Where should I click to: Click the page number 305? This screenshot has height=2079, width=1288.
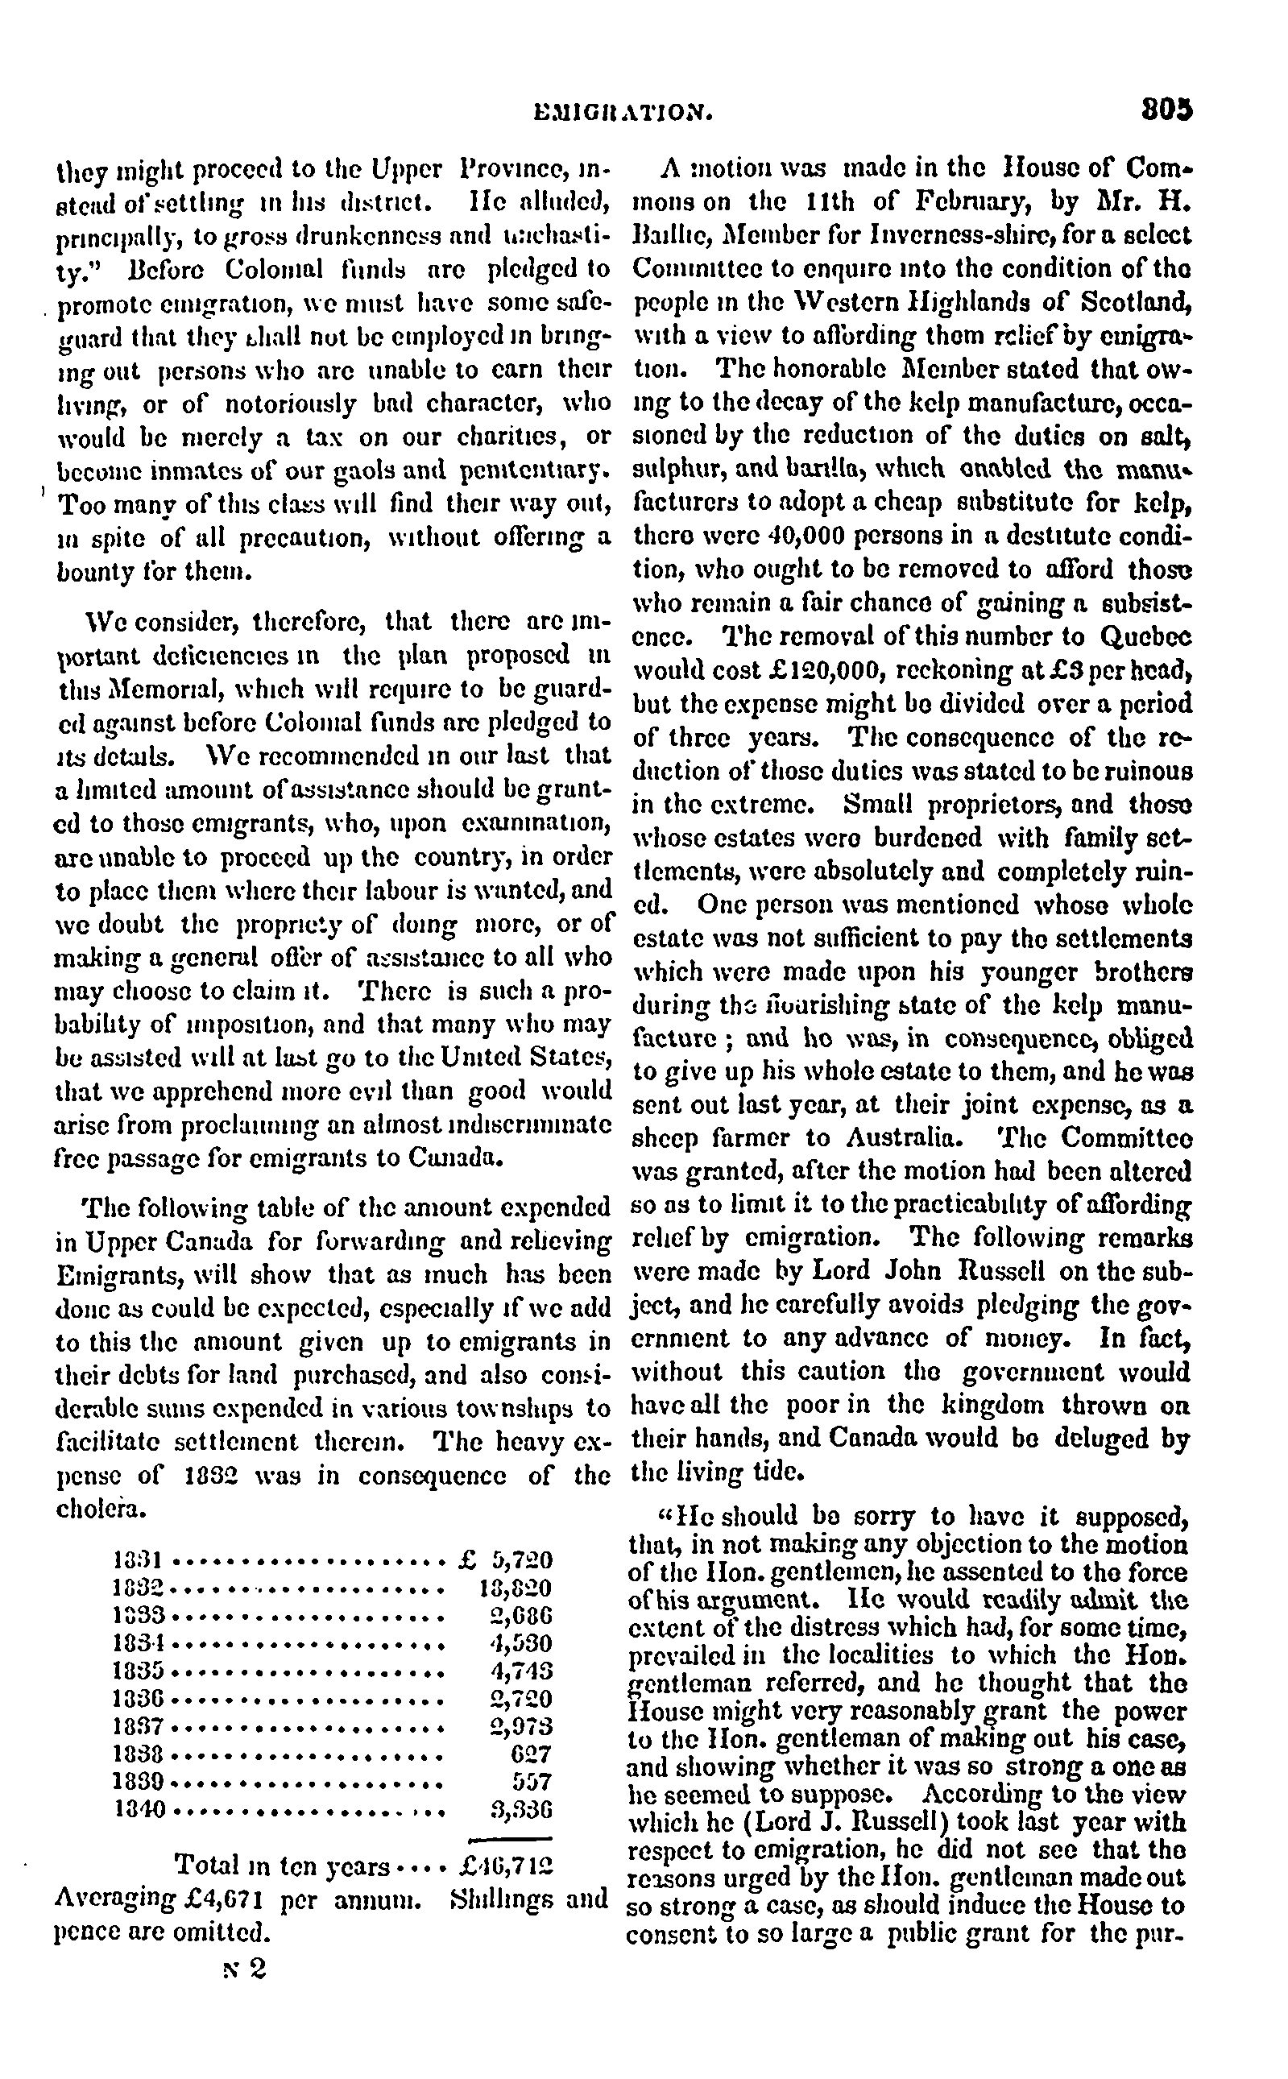[1167, 110]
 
